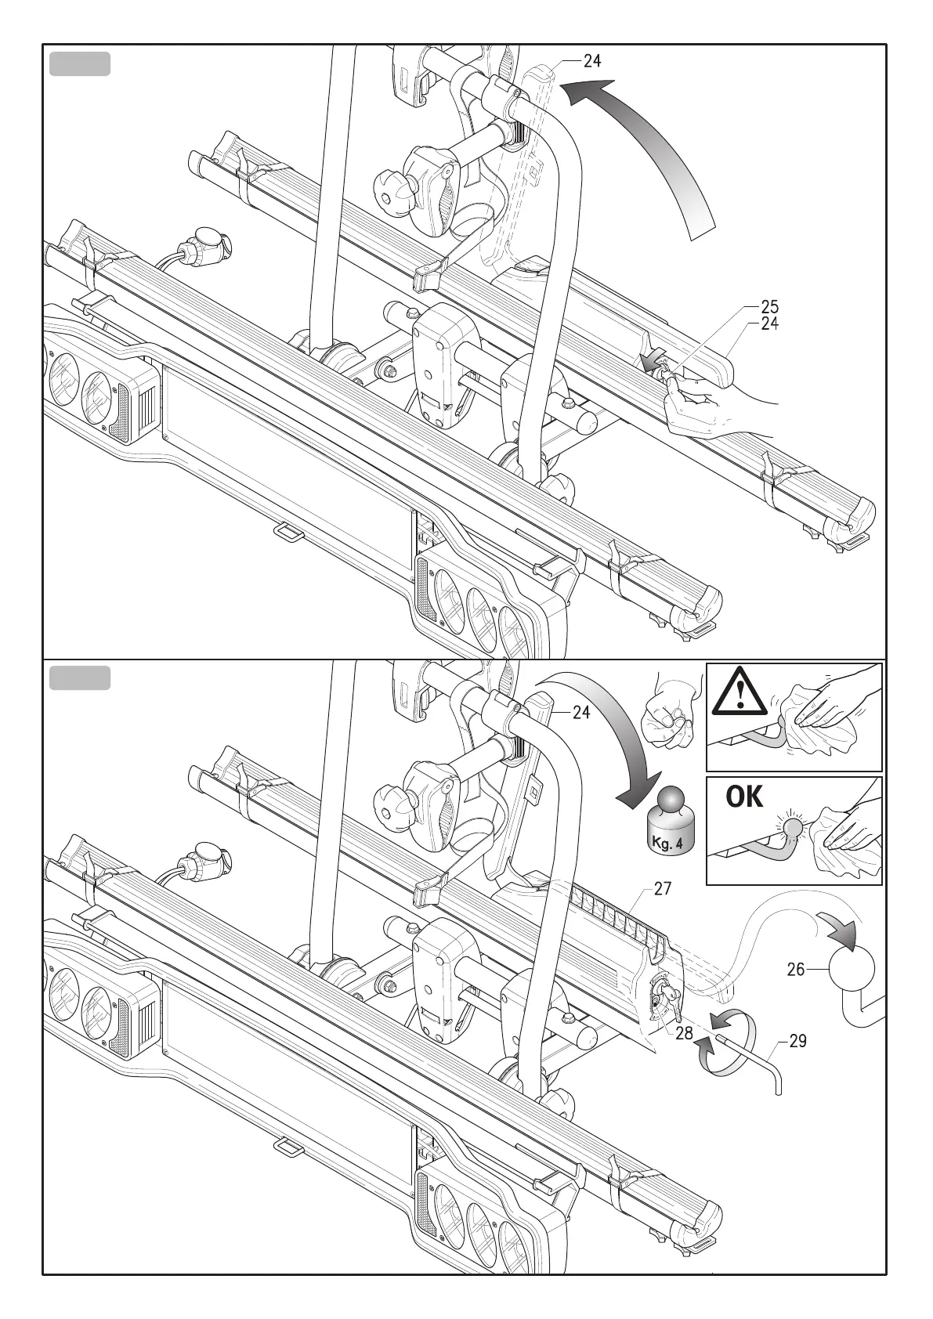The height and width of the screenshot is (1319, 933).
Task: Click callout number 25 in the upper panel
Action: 769,307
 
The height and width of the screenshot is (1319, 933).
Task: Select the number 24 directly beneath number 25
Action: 769,323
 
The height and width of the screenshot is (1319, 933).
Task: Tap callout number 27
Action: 663,889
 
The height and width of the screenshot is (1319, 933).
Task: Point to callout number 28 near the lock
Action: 684,1033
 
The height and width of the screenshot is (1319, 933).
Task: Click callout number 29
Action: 797,1042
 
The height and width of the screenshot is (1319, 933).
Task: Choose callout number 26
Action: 796,970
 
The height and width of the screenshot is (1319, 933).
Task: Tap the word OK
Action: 744,797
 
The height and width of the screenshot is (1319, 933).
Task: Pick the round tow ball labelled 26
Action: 852,970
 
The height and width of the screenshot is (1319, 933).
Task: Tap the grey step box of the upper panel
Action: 79,64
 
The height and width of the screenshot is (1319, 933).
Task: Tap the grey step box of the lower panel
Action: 79,678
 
